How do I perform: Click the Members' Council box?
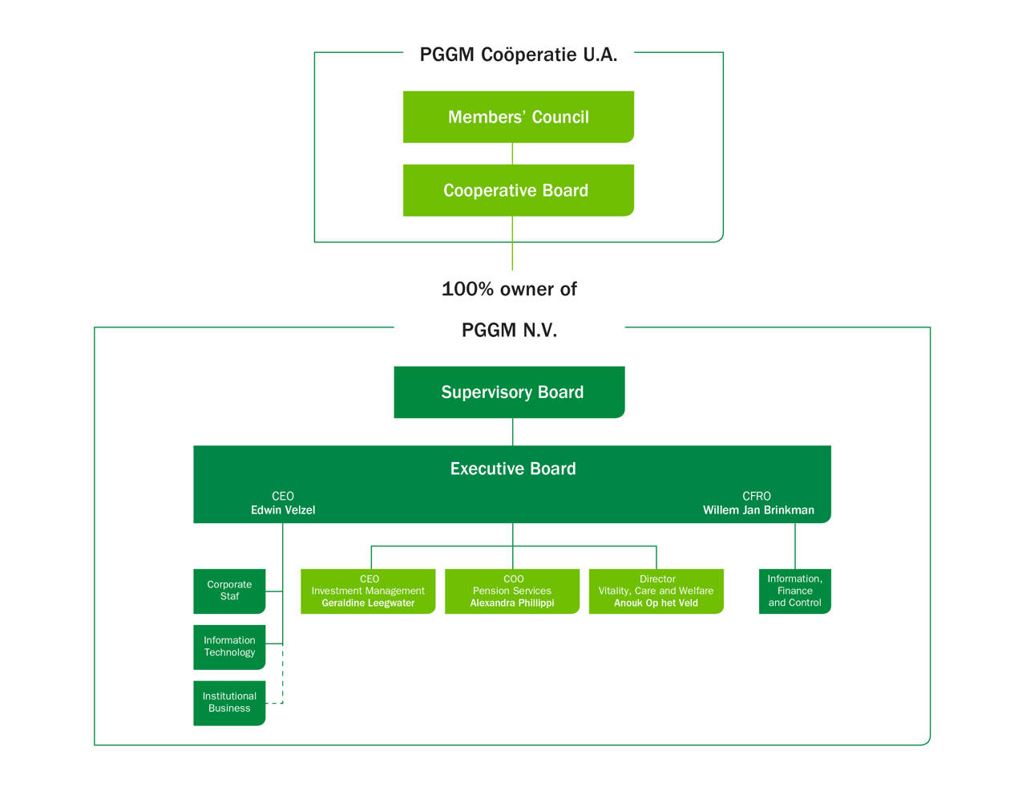[x=518, y=117]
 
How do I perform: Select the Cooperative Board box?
[x=518, y=190]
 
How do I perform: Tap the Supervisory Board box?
[x=509, y=392]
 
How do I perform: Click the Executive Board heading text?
[x=513, y=469]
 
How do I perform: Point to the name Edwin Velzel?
[x=283, y=510]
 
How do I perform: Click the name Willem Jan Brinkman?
[x=758, y=510]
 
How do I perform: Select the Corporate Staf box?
[x=229, y=591]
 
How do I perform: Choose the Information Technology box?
[x=229, y=647]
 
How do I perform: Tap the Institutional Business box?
[x=229, y=703]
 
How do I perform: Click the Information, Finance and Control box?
[x=794, y=591]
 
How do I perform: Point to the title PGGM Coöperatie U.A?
[x=519, y=55]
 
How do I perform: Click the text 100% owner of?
[x=509, y=289]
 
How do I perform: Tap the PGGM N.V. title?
[x=509, y=330]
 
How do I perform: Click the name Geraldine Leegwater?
[x=368, y=603]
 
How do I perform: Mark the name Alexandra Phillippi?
[x=512, y=603]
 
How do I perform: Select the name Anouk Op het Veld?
[x=656, y=603]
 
